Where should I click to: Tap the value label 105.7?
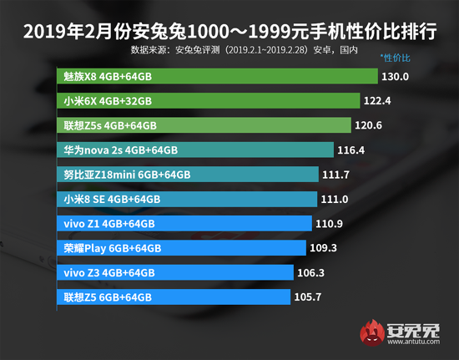309,297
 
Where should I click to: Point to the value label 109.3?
322,248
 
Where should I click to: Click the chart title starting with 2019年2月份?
229,32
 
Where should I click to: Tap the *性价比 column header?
396,58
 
